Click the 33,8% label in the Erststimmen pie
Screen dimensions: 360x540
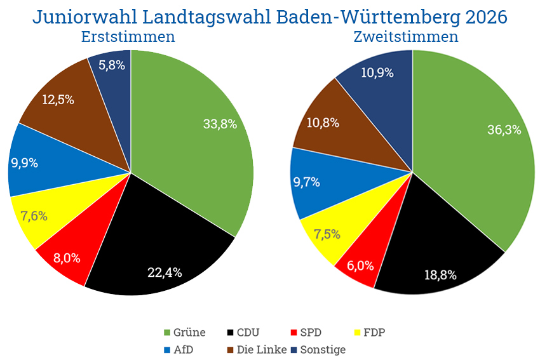(220, 124)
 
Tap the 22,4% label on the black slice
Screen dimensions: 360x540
(165, 272)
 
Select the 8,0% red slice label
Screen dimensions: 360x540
(66, 258)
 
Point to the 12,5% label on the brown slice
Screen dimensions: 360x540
(58, 100)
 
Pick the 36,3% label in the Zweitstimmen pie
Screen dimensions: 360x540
(504, 130)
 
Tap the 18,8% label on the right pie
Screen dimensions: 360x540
(440, 275)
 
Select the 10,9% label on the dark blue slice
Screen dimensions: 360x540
(377, 72)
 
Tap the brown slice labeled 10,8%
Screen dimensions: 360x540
(322, 122)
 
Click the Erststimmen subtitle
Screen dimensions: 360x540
(128, 36)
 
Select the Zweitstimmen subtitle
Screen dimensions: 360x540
(406, 36)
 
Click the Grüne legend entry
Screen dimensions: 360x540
(185, 332)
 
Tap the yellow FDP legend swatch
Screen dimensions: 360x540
(358, 332)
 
